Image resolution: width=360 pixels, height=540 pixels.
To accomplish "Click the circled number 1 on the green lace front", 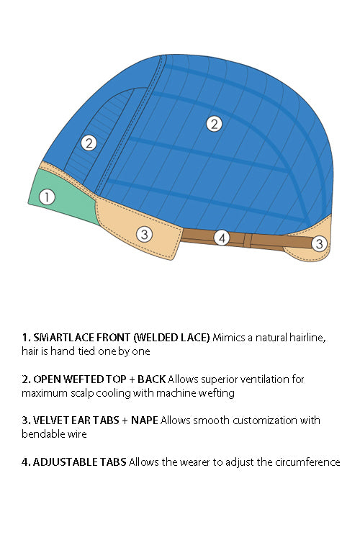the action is [x=47, y=197].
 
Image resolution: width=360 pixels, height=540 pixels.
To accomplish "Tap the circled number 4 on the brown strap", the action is [x=222, y=238].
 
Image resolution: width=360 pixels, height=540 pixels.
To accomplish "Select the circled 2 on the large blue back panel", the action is [x=215, y=124].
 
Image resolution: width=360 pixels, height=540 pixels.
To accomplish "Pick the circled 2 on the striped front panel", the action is [x=89, y=143].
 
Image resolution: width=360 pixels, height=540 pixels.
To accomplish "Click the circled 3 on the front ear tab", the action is [x=144, y=234].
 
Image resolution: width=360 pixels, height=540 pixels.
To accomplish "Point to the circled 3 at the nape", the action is [x=320, y=243].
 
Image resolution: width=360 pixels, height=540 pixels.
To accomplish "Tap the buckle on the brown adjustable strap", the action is [x=247, y=240].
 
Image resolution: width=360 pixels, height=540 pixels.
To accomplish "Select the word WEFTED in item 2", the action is [x=84, y=379].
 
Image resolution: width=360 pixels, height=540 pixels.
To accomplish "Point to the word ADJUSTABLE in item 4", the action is [x=66, y=462].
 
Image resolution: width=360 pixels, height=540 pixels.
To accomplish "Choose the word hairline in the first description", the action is [x=307, y=338].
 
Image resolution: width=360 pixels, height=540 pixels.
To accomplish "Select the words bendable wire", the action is [x=54, y=434].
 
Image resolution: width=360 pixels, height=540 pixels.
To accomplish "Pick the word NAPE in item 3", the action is [x=144, y=420].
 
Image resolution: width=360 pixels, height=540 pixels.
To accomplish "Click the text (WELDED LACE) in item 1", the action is [x=171, y=338].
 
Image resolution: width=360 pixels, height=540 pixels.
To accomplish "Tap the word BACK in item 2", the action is [x=152, y=379].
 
